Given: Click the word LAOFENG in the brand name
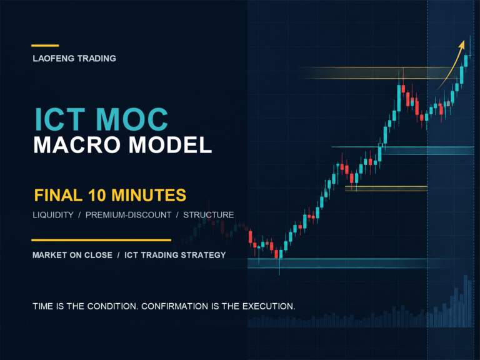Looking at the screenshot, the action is point(54,59).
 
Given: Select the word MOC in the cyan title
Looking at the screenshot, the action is point(132,119).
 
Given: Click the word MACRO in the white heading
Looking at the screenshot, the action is point(77,145).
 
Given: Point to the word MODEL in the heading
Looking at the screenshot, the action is point(170,145).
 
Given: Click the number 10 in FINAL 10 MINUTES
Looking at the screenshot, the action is point(97,195).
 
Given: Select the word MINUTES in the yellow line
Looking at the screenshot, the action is point(149,195).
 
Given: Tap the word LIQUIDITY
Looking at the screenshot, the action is point(53,215).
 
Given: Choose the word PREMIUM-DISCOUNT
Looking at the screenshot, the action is point(128,215).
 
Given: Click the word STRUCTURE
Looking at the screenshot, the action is point(209,215).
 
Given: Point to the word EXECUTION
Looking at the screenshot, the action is point(269,306).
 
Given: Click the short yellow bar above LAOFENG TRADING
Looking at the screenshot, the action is point(45,46).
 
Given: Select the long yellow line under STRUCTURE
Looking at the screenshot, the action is point(101,240).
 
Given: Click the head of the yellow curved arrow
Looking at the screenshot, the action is point(462,45).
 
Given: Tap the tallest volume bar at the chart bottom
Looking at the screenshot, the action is point(466,301).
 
